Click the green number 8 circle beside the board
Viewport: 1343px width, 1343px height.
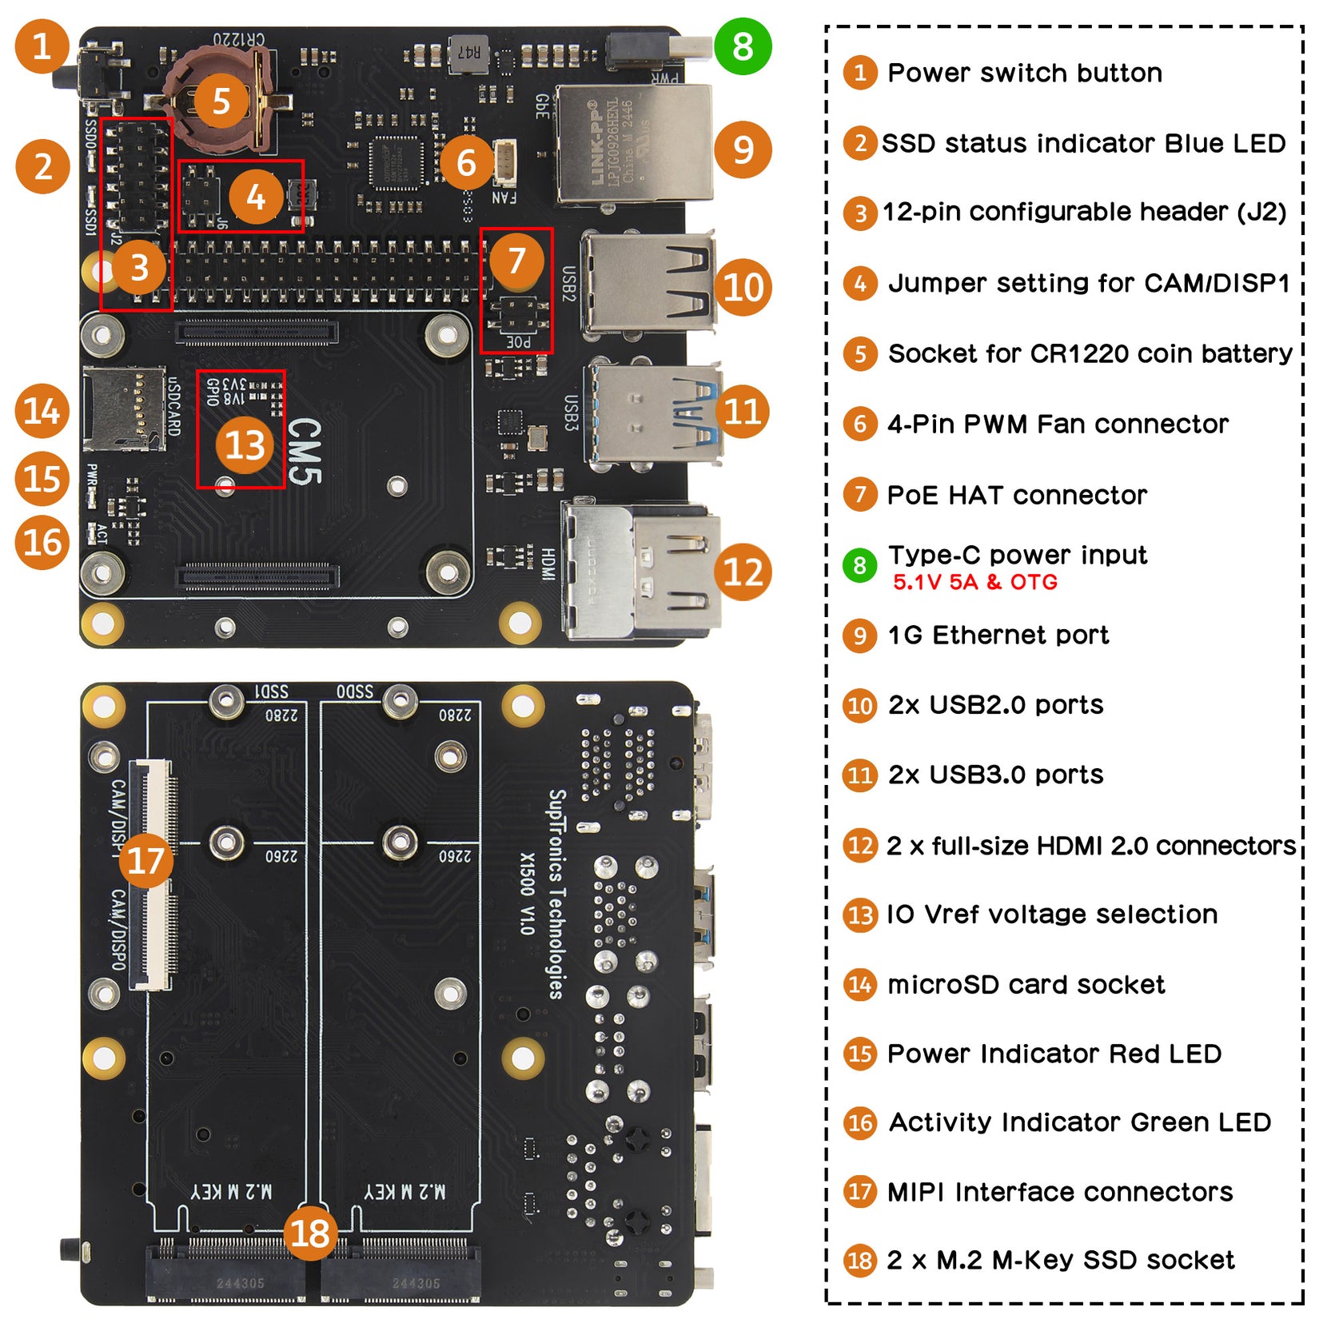pyautogui.click(x=742, y=46)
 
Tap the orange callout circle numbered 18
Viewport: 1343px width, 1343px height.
pyautogui.click(x=310, y=1233)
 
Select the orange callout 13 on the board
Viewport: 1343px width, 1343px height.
pyautogui.click(x=244, y=445)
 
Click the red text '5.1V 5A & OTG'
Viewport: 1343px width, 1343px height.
pyautogui.click(x=974, y=582)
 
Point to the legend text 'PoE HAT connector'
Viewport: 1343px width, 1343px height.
pyautogui.click(x=1016, y=495)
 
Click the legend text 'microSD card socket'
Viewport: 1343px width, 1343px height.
pyautogui.click(x=1026, y=984)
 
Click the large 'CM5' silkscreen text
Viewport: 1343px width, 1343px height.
pyautogui.click(x=304, y=452)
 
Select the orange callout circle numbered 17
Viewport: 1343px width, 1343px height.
pyautogui.click(x=145, y=860)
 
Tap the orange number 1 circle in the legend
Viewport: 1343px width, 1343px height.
pyautogui.click(x=860, y=73)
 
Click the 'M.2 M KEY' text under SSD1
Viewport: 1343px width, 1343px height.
pyautogui.click(x=231, y=1192)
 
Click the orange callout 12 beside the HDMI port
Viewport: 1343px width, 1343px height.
pyautogui.click(x=743, y=572)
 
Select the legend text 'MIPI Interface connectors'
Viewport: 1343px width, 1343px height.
pyautogui.click(x=1059, y=1192)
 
